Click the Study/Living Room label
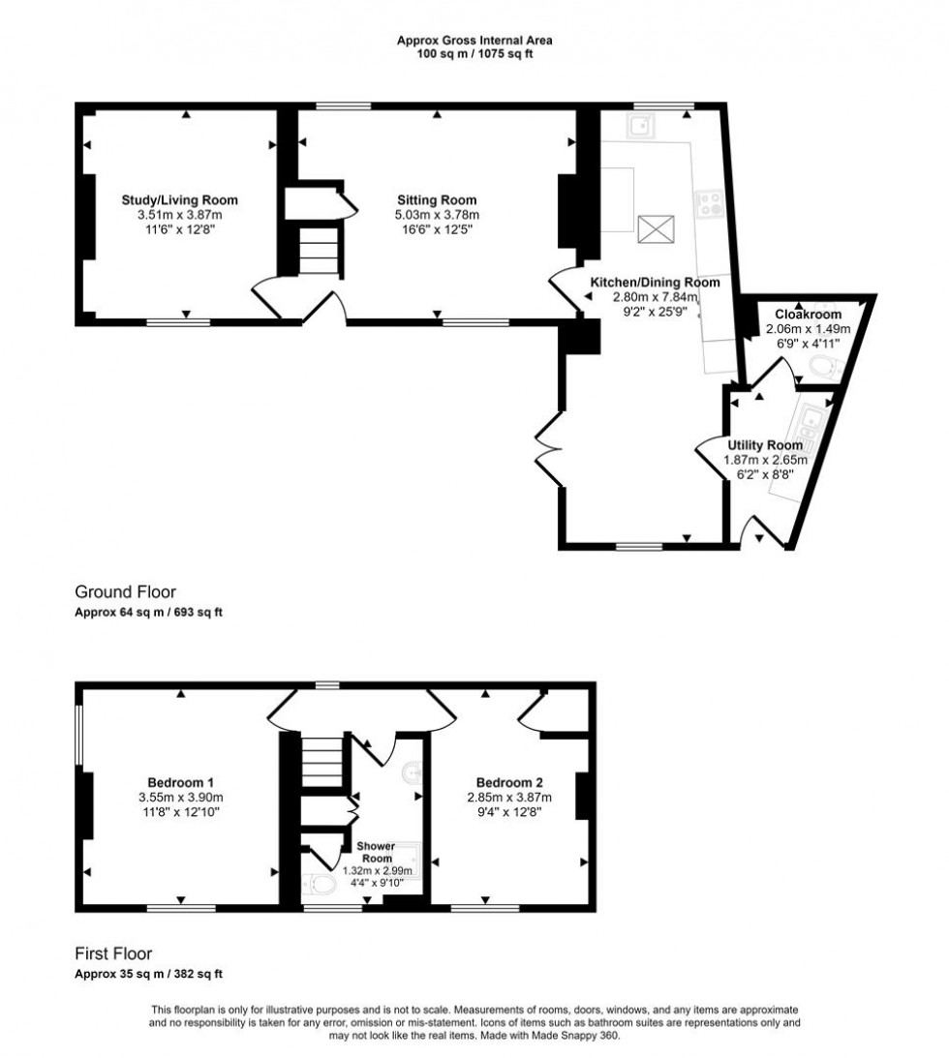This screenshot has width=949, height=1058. click(x=180, y=200)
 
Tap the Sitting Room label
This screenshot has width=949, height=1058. click(x=437, y=200)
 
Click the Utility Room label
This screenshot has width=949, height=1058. click(x=765, y=445)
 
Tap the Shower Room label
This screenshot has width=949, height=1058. click(x=377, y=851)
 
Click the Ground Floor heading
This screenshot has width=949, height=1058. click(x=126, y=591)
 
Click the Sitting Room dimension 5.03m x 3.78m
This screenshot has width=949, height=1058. click(x=437, y=215)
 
